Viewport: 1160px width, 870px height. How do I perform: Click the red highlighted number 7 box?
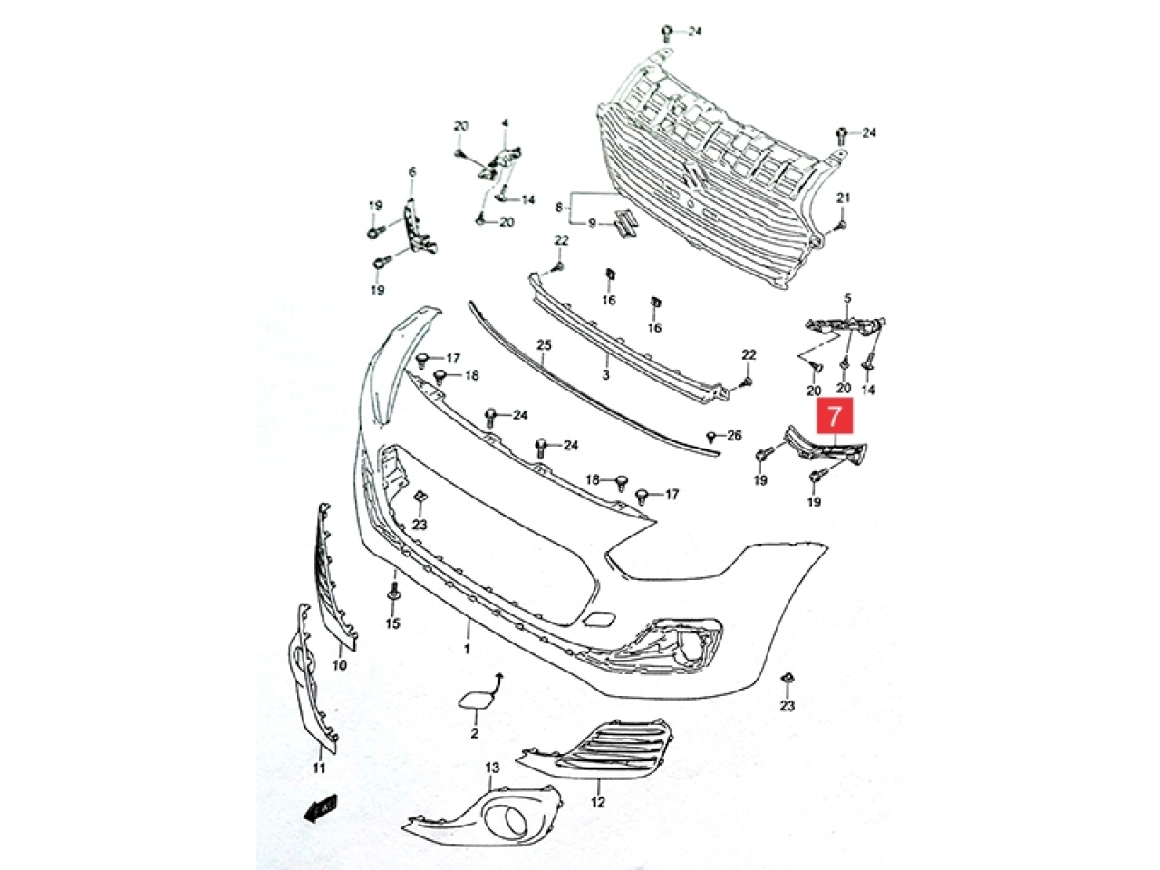835,416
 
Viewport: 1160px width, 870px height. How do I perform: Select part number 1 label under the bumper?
467,648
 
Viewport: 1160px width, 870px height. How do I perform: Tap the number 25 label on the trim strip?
544,345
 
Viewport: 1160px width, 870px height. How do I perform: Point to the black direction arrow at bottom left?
320,821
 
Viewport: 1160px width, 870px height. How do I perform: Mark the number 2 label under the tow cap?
474,733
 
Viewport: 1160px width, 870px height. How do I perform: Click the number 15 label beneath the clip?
392,623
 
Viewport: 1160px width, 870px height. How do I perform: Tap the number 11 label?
319,768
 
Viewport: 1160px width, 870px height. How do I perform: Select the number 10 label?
339,664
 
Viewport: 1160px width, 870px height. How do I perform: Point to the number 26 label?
734,435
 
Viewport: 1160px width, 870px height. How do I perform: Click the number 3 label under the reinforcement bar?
605,375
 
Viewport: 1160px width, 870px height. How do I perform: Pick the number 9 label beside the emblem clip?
592,224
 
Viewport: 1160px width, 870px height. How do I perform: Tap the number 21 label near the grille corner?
843,198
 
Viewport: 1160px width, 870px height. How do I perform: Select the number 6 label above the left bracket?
411,171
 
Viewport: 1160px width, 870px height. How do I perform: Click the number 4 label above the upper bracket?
505,123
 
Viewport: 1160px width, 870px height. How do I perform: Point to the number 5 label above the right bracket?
847,298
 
